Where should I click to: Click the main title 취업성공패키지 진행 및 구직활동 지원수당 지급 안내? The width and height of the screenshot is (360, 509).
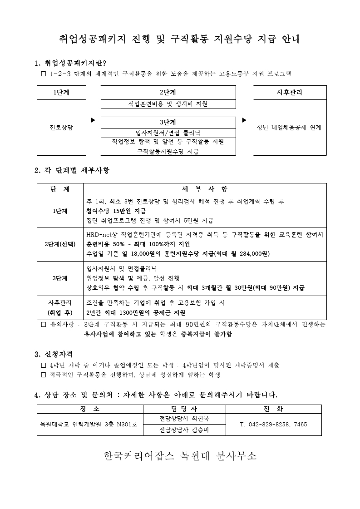(x=180, y=39)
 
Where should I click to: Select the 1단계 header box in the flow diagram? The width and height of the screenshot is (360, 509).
(x=61, y=92)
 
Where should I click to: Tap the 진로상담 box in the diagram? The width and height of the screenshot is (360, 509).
(x=61, y=128)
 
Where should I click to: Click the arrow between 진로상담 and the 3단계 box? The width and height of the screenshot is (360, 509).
(x=93, y=120)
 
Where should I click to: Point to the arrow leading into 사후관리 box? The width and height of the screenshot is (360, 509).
(x=244, y=120)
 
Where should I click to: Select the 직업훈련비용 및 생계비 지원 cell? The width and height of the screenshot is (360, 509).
(x=168, y=104)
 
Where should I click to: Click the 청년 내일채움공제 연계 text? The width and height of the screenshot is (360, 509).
(x=289, y=128)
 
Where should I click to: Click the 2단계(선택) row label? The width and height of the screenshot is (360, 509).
(x=60, y=244)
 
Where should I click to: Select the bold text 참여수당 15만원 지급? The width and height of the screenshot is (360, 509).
(x=116, y=211)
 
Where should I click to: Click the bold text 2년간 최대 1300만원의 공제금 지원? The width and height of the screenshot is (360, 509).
(x=136, y=313)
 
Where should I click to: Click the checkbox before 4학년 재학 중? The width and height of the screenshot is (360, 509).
(x=44, y=365)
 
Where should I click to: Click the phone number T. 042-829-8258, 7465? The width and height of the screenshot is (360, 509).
(x=273, y=424)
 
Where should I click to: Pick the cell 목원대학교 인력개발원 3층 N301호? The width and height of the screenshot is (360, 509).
(x=90, y=424)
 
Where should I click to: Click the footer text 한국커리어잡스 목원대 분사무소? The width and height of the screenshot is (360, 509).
(x=180, y=456)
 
